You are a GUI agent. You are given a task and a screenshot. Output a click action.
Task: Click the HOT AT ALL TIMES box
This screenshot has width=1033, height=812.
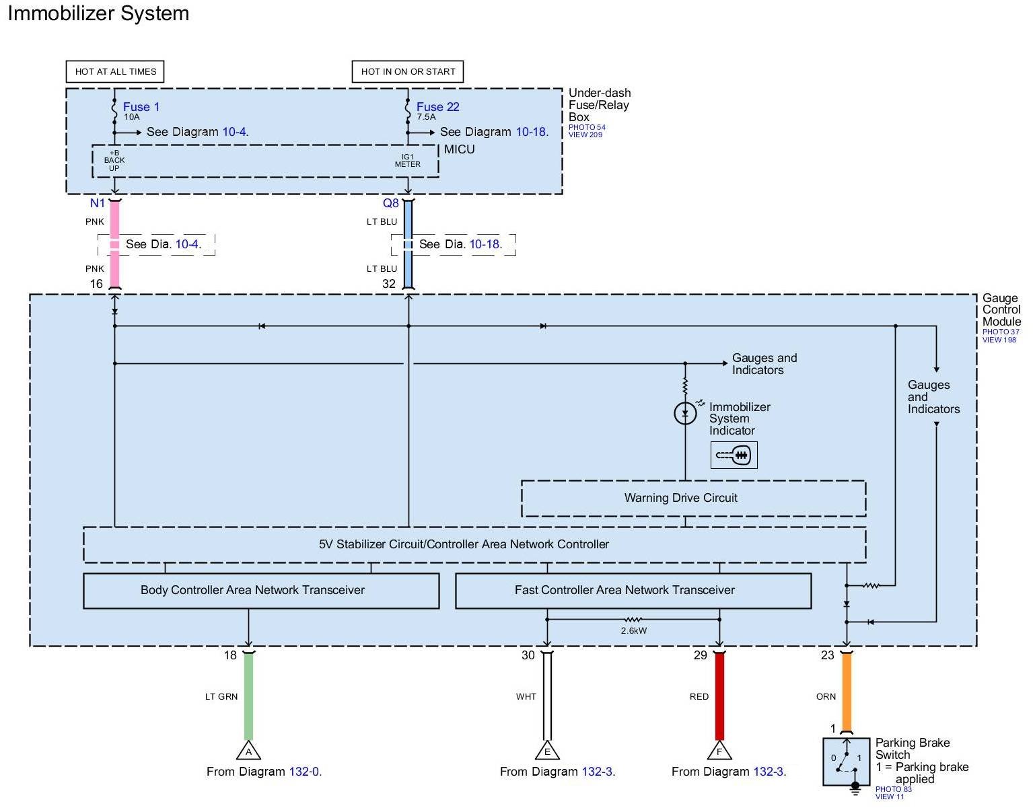(x=115, y=71)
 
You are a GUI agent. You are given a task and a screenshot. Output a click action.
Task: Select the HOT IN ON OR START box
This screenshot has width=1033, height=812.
(x=408, y=71)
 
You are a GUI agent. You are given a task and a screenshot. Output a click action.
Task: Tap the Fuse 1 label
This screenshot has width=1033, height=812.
(x=141, y=107)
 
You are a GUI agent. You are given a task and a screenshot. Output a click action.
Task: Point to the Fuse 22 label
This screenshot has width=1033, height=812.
(x=437, y=107)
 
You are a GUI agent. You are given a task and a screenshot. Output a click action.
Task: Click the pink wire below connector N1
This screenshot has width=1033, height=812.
(x=114, y=222)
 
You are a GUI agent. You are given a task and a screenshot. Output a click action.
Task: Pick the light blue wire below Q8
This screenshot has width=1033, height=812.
(x=408, y=222)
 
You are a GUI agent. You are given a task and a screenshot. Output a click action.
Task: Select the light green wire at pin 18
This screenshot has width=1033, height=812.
(x=248, y=696)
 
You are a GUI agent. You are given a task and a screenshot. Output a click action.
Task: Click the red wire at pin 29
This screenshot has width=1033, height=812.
(x=719, y=696)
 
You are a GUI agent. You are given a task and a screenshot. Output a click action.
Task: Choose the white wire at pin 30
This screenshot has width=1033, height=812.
(x=547, y=696)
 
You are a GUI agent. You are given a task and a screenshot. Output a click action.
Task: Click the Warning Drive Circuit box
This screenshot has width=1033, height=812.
(x=693, y=499)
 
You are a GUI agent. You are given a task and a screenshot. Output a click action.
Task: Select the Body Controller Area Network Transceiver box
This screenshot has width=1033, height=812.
(x=261, y=591)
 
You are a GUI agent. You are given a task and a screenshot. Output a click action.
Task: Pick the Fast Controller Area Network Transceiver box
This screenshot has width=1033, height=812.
(x=633, y=591)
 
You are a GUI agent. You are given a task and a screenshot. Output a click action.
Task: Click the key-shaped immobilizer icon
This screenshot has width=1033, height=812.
(x=734, y=455)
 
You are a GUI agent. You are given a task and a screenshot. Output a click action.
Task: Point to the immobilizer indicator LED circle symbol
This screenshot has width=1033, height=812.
(x=685, y=413)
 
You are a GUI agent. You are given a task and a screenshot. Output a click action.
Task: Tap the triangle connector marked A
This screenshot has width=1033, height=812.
(x=248, y=751)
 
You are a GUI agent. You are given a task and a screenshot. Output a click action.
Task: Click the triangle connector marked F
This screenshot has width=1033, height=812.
(x=719, y=751)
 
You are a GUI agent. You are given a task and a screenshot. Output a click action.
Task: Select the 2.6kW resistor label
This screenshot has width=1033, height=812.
(x=633, y=631)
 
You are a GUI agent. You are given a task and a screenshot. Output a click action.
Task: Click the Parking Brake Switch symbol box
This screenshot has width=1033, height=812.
(x=847, y=762)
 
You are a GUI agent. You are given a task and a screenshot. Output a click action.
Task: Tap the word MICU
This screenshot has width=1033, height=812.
(x=460, y=149)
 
